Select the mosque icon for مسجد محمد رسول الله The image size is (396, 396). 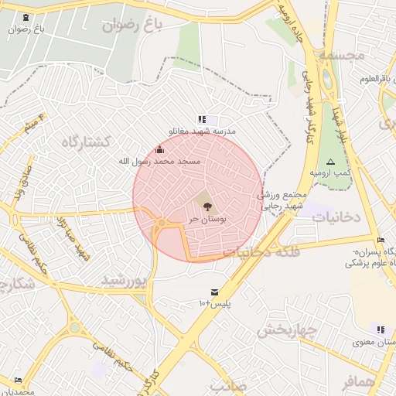(x=160, y=149)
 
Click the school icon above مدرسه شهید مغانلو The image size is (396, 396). (x=203, y=119)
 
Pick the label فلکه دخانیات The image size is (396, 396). (x=256, y=251)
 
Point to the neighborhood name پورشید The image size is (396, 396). (x=124, y=280)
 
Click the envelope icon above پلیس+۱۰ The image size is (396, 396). (x=213, y=292)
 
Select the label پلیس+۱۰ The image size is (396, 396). (x=213, y=304)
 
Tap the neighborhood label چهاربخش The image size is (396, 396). (x=286, y=330)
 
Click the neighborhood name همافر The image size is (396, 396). (x=360, y=381)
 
